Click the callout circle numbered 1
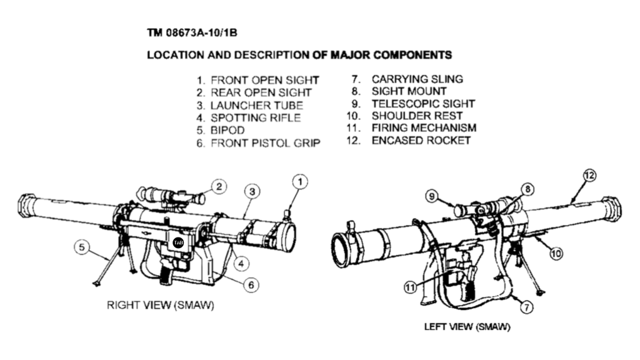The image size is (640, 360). point(300,182)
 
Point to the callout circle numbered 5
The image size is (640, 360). point(81,247)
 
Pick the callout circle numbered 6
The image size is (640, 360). point(250,284)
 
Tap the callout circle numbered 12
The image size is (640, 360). point(589,175)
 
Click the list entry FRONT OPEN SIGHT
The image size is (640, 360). point(264,80)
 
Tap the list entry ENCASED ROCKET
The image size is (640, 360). point(421,140)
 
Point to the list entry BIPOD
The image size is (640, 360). point(227,130)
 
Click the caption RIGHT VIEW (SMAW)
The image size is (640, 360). point(161,306)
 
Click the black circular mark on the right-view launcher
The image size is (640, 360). point(177,242)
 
